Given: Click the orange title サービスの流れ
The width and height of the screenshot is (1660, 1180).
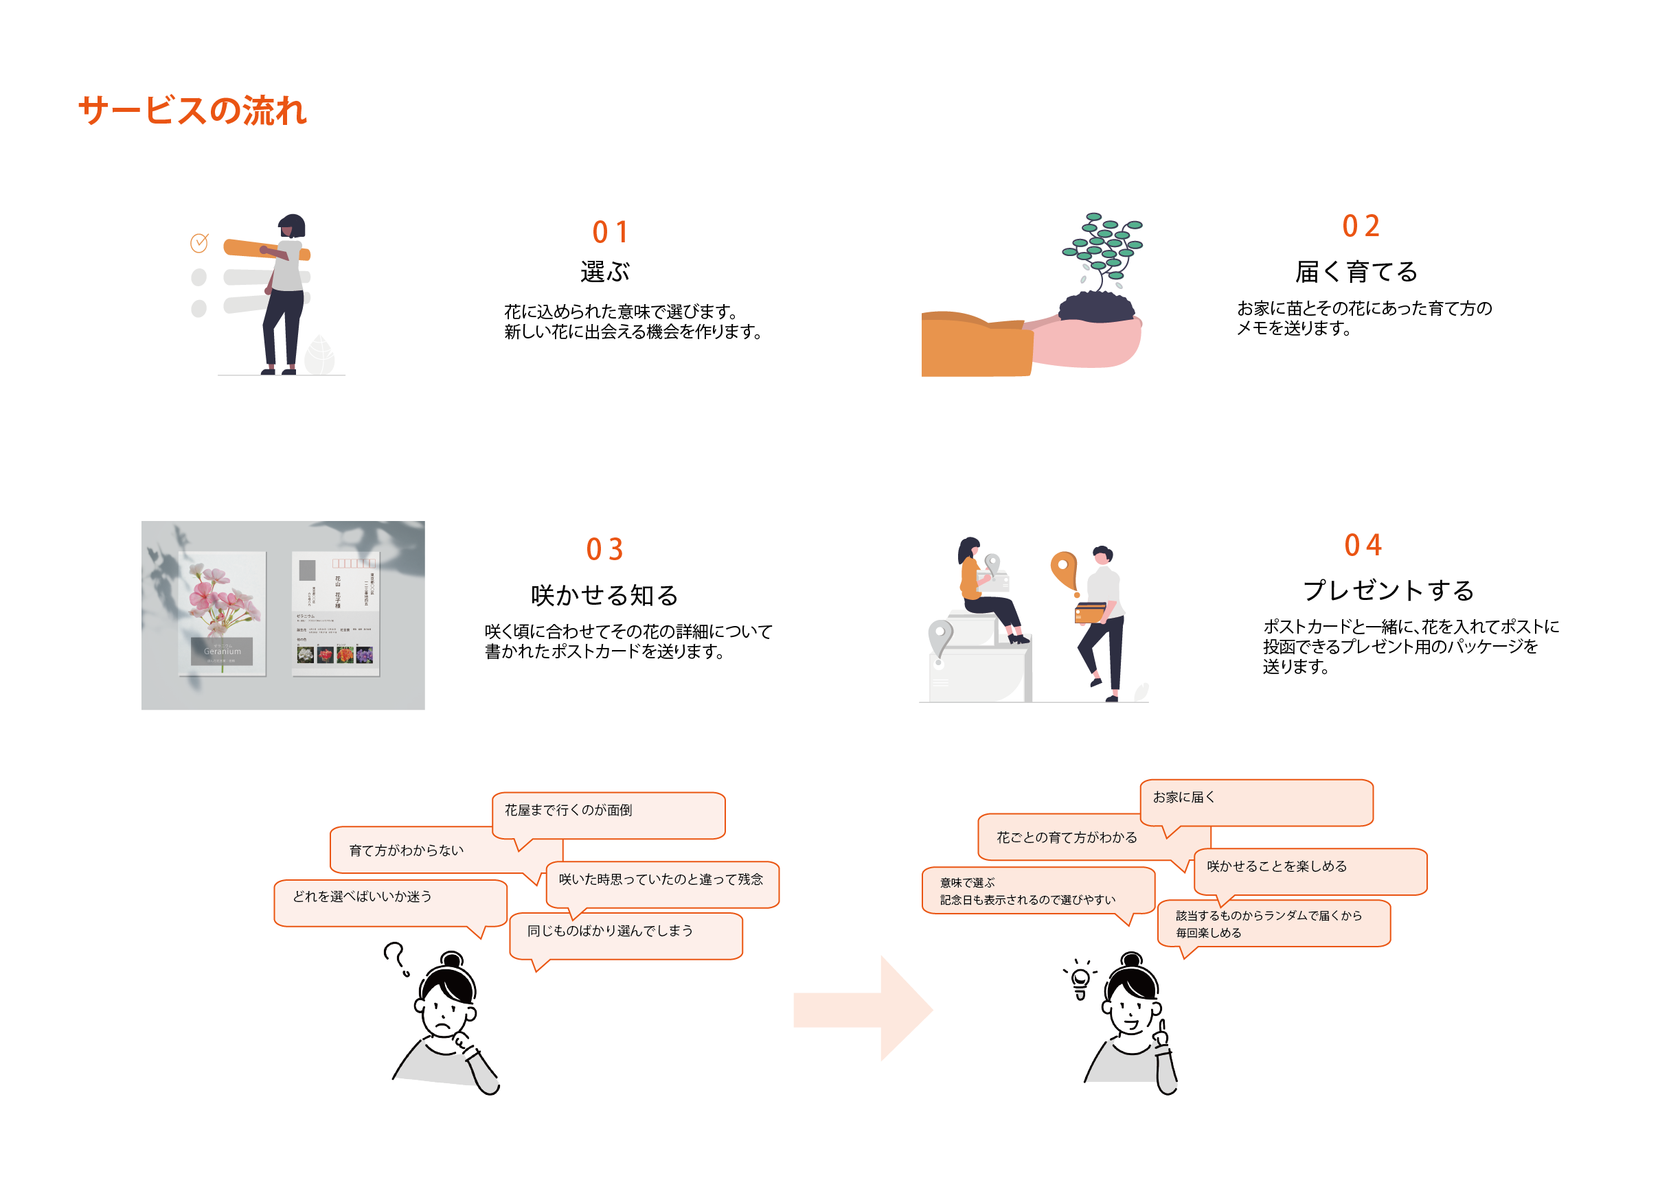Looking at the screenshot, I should coord(192,111).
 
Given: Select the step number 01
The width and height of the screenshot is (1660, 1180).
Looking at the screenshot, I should coord(609,233).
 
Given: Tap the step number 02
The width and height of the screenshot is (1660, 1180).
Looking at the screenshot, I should coord(1360,226).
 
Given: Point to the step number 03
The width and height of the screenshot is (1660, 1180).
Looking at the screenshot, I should coord(604,549).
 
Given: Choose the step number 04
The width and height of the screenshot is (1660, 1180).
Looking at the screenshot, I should coord(1362,545).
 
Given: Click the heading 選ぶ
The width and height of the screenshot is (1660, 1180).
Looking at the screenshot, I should coord(604,272).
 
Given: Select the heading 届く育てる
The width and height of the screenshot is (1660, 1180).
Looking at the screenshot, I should coord(1356,272).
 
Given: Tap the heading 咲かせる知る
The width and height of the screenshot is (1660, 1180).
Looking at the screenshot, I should coord(604,595).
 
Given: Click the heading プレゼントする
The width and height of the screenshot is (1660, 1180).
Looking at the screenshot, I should coord(1387,590).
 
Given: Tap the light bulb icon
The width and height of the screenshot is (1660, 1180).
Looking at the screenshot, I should coord(1080,980).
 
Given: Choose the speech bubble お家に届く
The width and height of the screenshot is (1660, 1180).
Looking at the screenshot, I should coord(1256,802).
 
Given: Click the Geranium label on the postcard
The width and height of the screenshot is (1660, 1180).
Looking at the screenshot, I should coord(222,651).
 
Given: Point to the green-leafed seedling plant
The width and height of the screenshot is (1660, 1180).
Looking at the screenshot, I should coord(1102,251).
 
